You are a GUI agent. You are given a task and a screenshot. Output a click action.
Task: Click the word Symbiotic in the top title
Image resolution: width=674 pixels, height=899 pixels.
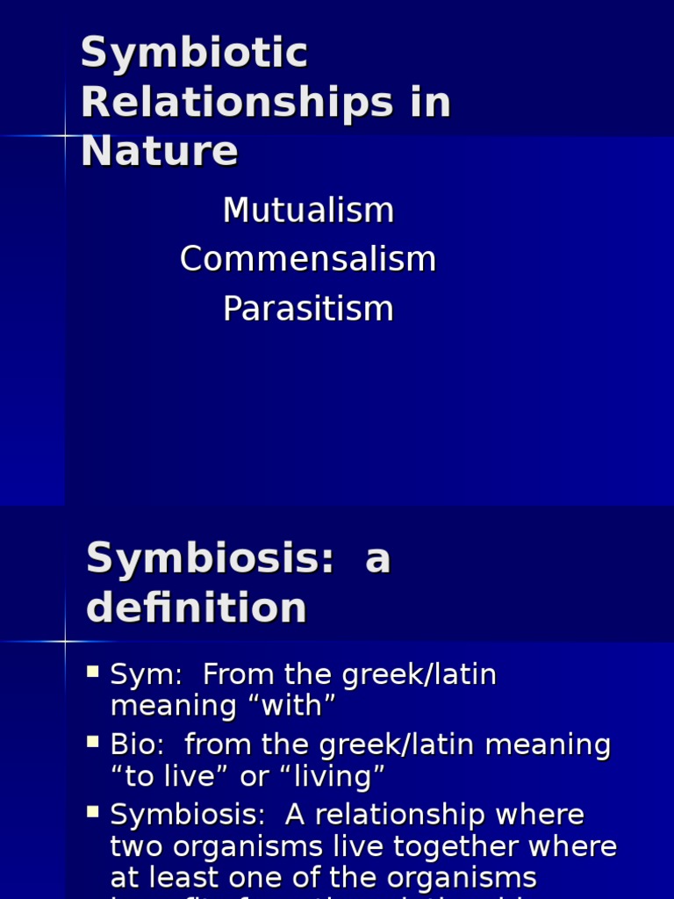[194, 54]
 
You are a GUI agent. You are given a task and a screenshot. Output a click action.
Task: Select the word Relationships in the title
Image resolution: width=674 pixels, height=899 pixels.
[237, 103]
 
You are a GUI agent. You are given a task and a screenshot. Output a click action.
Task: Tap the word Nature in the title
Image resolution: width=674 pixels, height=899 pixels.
[159, 151]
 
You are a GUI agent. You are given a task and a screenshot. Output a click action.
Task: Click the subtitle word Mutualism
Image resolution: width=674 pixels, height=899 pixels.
[308, 211]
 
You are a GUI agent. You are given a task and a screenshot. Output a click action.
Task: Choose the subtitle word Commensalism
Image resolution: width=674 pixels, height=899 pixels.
[308, 260]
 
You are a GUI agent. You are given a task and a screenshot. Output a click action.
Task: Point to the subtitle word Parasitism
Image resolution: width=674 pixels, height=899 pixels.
[308, 309]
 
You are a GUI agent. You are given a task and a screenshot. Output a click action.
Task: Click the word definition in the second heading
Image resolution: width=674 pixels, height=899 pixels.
[197, 608]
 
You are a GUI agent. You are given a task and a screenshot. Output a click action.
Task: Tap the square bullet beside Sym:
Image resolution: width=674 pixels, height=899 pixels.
[93, 672]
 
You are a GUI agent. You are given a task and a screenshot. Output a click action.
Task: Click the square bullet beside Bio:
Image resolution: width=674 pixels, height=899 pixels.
[93, 743]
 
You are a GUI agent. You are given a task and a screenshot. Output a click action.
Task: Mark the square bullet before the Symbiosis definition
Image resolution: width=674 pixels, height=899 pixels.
[93, 813]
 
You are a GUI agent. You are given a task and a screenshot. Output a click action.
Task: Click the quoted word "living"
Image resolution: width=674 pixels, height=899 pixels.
[333, 776]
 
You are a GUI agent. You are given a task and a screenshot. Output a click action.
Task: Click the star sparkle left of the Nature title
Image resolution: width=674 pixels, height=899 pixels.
[65, 135]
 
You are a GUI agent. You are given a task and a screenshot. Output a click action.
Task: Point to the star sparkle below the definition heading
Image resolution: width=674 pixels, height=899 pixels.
[65, 642]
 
